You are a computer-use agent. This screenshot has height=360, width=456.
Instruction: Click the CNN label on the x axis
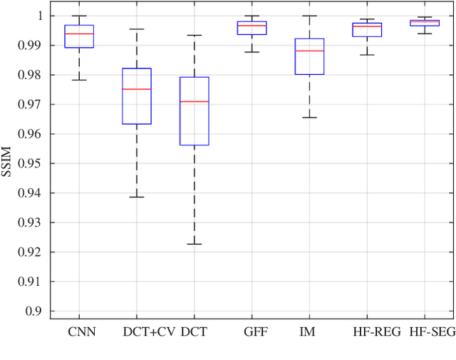81,331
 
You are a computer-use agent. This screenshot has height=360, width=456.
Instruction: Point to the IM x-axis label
309,331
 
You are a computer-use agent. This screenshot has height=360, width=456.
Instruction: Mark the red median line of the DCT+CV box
137,89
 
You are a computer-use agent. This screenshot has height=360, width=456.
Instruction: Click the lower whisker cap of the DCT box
194,244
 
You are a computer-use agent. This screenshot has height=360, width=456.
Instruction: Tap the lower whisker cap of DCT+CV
137,197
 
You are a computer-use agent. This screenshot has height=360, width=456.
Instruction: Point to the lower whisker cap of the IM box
309,117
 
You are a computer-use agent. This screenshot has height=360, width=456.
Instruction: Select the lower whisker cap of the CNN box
79,80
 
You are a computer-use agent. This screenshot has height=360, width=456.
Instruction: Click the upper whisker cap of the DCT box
194,35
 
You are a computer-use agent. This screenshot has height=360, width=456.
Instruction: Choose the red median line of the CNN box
79,34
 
